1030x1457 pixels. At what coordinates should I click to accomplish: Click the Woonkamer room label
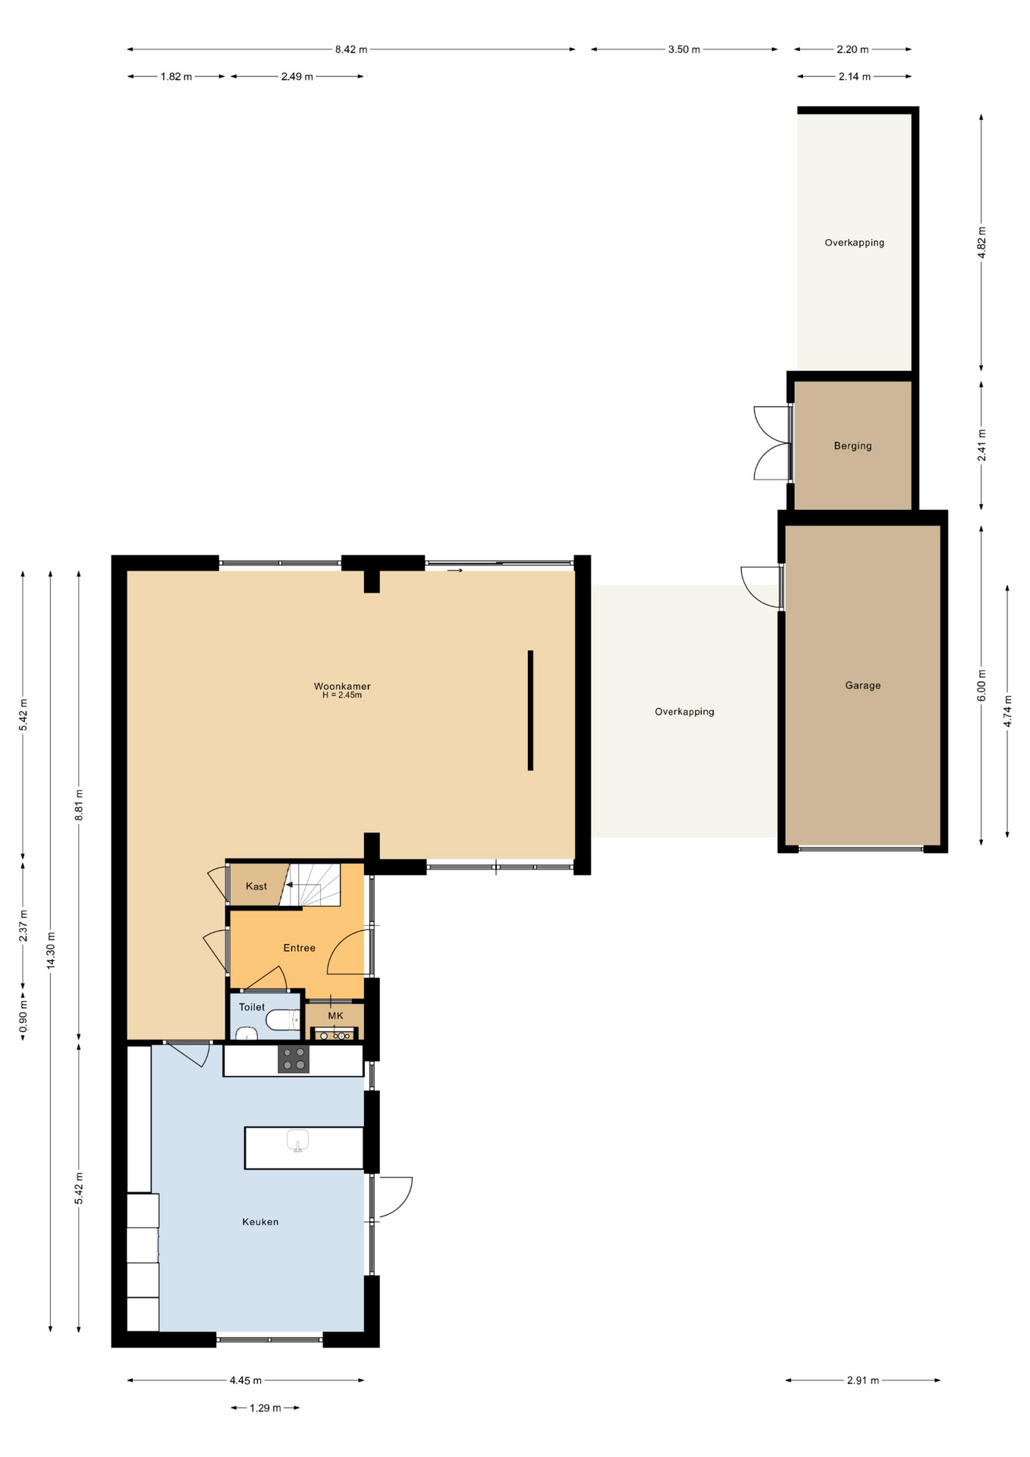pyautogui.click(x=342, y=686)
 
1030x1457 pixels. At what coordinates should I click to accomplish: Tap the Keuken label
pyautogui.click(x=260, y=1222)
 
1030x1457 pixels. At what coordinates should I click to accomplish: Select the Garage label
pyautogui.click(x=863, y=685)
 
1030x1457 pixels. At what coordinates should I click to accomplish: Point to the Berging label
pyautogui.click(x=853, y=445)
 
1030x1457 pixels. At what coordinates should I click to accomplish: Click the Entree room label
pyautogui.click(x=299, y=948)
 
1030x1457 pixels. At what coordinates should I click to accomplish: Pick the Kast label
pyautogui.click(x=256, y=886)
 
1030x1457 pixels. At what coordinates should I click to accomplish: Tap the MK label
pyautogui.click(x=335, y=1015)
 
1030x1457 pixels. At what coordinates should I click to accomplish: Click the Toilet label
pyautogui.click(x=252, y=1007)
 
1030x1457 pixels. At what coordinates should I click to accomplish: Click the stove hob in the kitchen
pyautogui.click(x=294, y=1059)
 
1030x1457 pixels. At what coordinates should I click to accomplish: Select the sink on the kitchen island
pyautogui.click(x=298, y=1141)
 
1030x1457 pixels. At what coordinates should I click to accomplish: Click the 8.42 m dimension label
pyautogui.click(x=351, y=49)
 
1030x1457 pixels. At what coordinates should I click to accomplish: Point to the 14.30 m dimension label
pyautogui.click(x=51, y=950)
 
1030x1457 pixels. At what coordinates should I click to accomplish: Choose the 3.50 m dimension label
pyautogui.click(x=684, y=49)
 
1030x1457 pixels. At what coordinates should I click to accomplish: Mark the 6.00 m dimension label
pyautogui.click(x=981, y=685)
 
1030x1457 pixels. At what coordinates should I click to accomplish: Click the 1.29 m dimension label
pyautogui.click(x=265, y=1408)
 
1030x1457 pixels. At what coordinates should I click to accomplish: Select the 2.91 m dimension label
pyautogui.click(x=863, y=1380)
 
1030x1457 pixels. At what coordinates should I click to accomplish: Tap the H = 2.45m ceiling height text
pyautogui.click(x=342, y=695)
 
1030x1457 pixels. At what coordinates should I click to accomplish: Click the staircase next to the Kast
pyautogui.click(x=310, y=885)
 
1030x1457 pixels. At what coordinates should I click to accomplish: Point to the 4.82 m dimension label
pyautogui.click(x=981, y=243)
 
